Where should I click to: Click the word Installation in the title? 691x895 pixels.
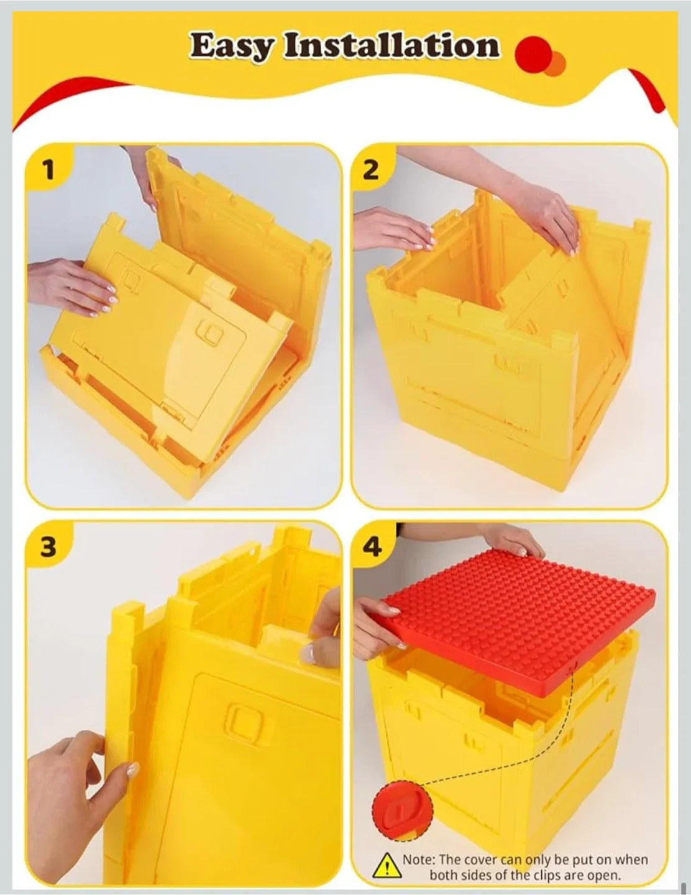[x=391, y=46]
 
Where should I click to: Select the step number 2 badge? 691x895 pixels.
[x=371, y=169]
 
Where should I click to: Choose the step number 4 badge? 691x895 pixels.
[x=372, y=546]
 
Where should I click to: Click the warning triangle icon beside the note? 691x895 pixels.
[x=388, y=865]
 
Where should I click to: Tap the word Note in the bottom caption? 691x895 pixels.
[x=418, y=860]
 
